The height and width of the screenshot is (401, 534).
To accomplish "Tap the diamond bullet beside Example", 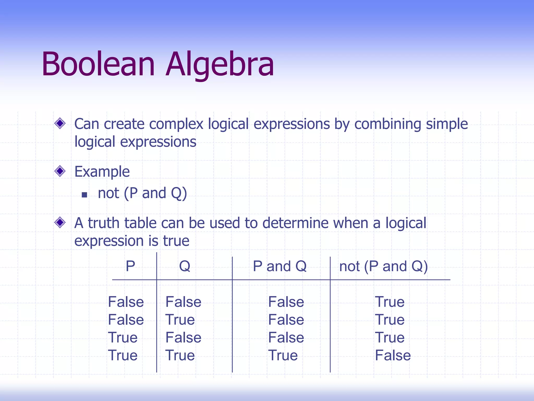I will [60, 171].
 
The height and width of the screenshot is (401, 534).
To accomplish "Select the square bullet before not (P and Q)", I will [84, 195].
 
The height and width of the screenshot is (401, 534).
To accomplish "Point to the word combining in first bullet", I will [387, 124].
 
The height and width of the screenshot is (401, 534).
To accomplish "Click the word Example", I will [102, 172].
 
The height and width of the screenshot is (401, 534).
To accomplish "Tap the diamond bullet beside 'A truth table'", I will [60, 222].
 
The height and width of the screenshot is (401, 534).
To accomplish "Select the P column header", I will [130, 266].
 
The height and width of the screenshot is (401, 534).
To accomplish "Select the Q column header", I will [185, 266].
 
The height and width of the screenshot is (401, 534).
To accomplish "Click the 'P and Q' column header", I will [280, 266].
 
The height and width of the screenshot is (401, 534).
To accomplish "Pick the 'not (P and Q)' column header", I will [383, 266].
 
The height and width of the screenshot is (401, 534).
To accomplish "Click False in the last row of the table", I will [393, 356].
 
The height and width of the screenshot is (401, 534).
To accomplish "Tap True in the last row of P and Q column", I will [283, 356].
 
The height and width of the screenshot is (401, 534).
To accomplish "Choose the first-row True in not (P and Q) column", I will [390, 302].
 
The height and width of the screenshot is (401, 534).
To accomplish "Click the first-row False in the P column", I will [126, 302].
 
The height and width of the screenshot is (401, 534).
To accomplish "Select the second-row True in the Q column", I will [180, 320].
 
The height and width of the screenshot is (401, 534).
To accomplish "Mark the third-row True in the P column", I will [123, 338].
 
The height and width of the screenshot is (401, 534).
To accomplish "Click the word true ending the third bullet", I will [176, 241].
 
